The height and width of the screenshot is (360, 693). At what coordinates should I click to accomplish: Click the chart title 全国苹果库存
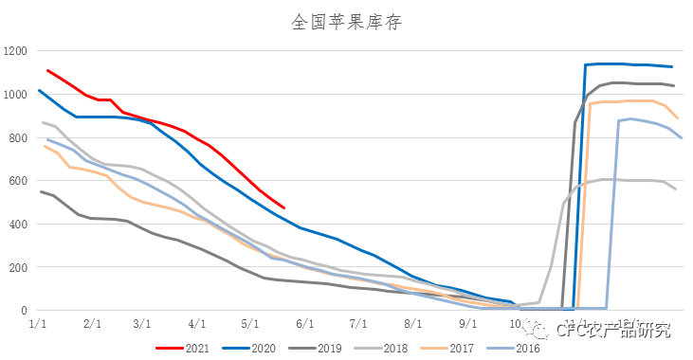point(346,22)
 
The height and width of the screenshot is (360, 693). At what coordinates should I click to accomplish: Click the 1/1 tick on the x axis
point(39,324)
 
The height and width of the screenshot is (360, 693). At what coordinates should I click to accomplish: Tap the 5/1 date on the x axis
point(251,324)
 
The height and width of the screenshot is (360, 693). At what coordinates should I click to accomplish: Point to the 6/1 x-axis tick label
point(304,324)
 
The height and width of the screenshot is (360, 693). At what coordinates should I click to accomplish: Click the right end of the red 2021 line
point(283,207)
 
